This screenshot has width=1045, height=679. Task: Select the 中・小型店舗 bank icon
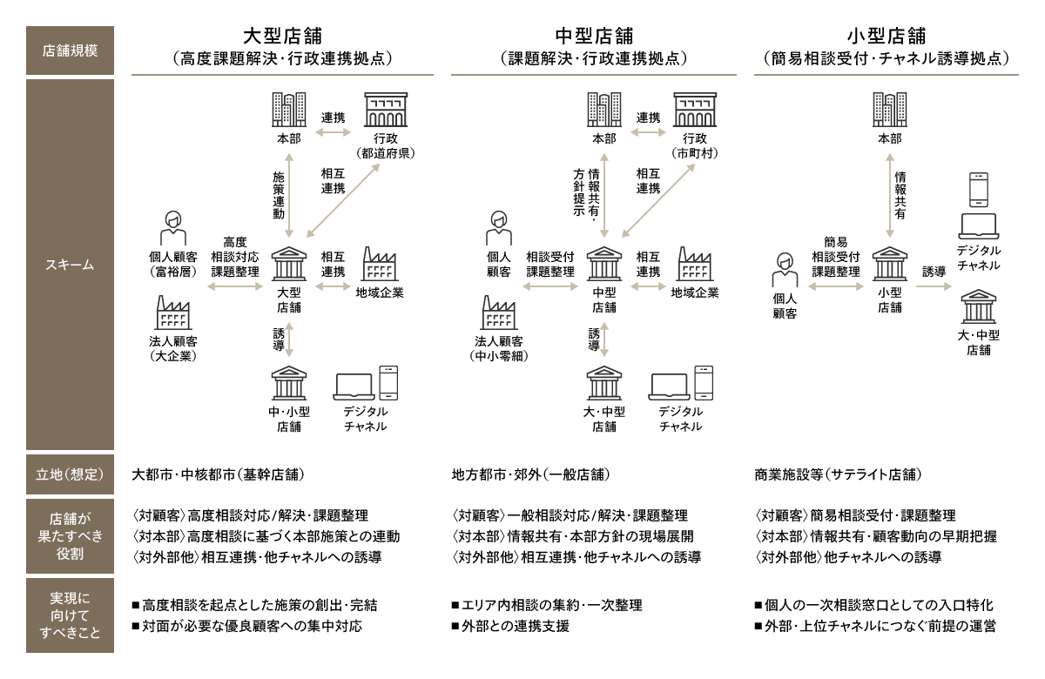coord(288,384)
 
